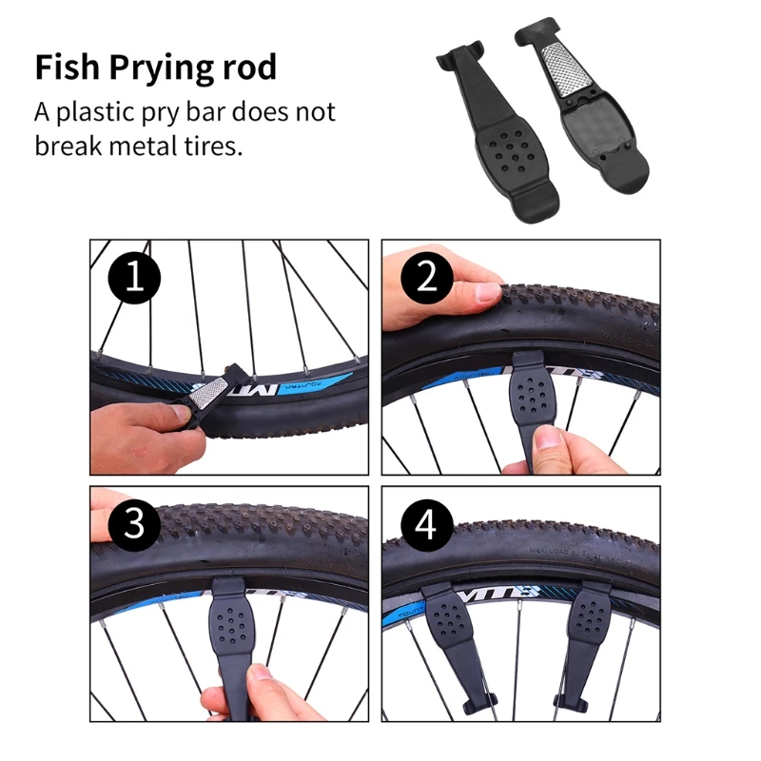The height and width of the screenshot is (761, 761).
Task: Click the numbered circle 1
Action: coord(134,279)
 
